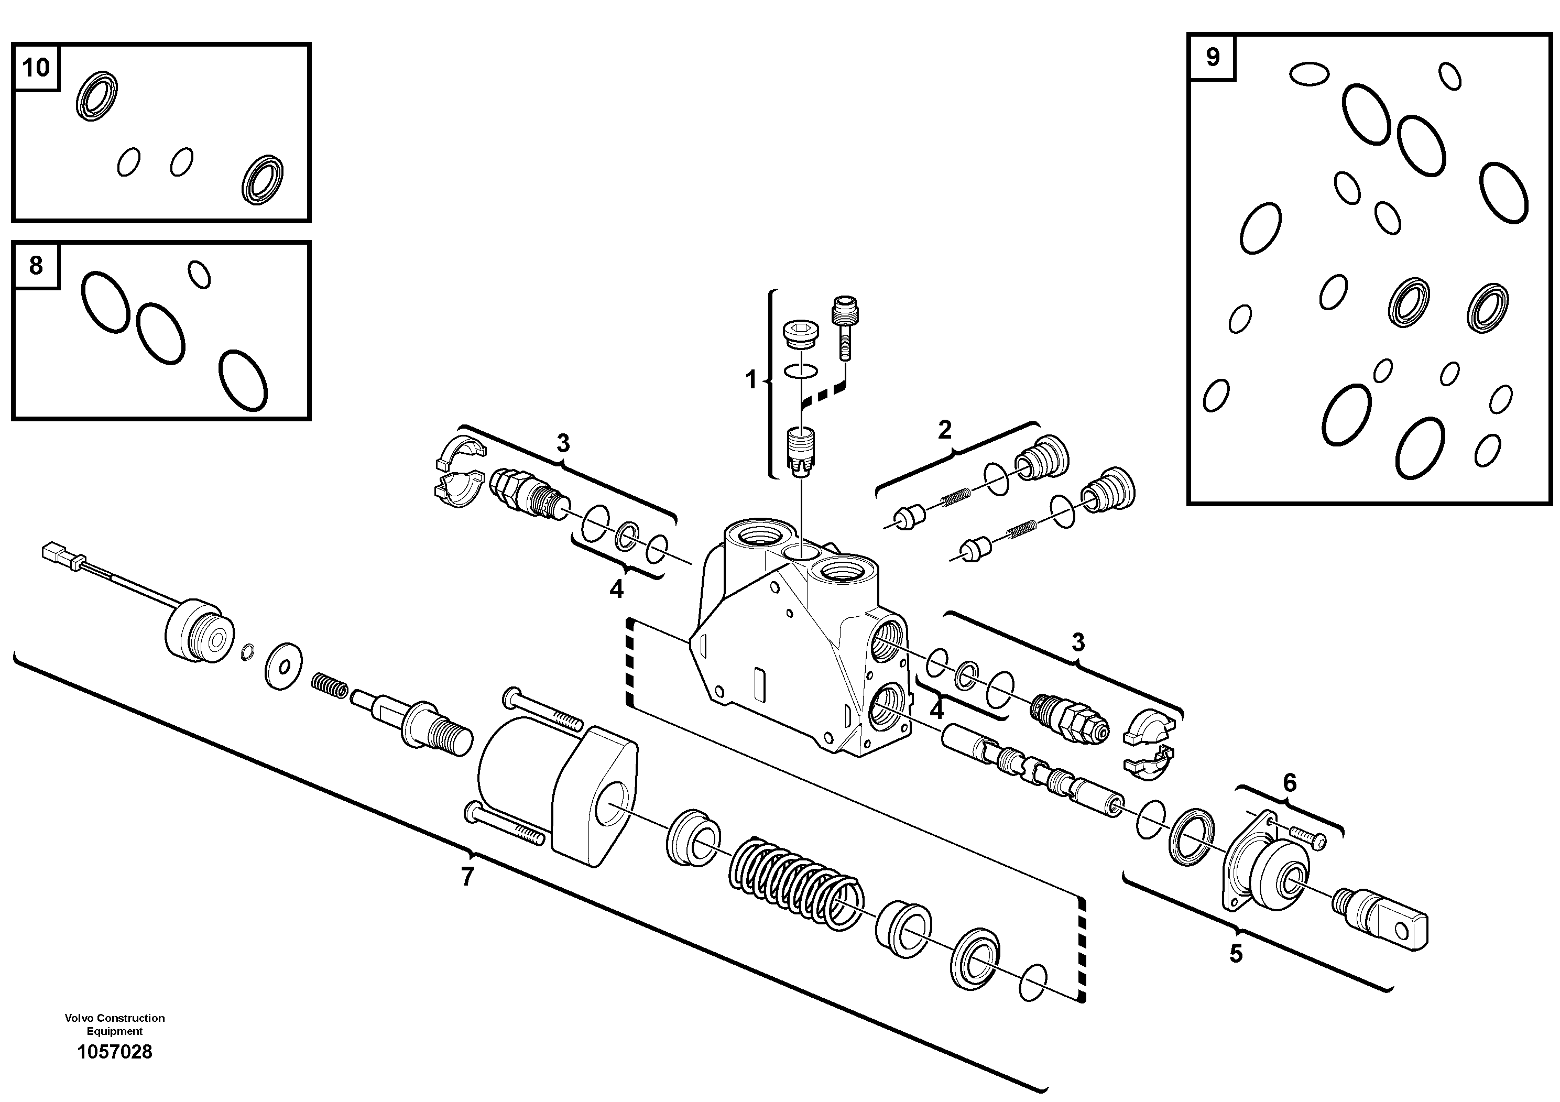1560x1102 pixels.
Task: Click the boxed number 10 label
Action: click(x=36, y=67)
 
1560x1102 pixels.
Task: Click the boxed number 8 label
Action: click(x=36, y=265)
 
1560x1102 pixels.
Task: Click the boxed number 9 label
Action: click(x=1213, y=57)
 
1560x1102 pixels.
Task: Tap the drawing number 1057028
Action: click(x=115, y=1052)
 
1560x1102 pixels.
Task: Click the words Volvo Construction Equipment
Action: click(x=115, y=1024)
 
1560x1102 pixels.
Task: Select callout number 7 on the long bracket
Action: click(x=467, y=877)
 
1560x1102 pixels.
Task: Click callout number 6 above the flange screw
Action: click(x=1290, y=783)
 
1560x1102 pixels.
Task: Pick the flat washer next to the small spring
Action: click(x=284, y=666)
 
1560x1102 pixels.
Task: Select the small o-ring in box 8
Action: click(x=199, y=274)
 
